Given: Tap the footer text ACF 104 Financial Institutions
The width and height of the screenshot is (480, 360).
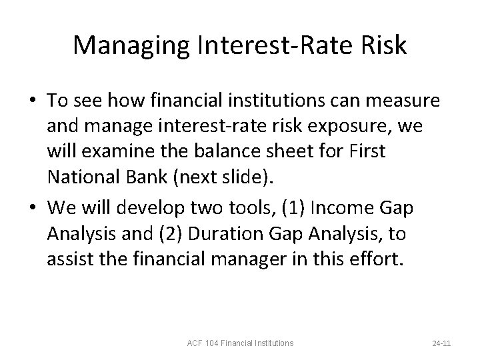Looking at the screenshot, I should point(241,343).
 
